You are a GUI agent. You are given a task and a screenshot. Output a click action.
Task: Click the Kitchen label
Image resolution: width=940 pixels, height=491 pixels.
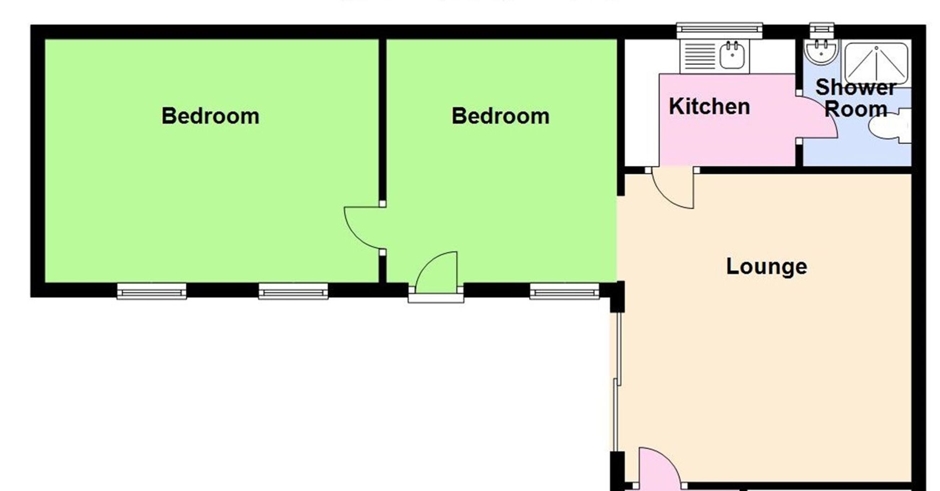click(x=709, y=107)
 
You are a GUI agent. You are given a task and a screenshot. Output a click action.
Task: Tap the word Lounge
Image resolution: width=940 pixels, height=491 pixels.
click(x=767, y=266)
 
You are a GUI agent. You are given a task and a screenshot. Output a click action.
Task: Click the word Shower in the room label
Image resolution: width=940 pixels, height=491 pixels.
click(x=855, y=87)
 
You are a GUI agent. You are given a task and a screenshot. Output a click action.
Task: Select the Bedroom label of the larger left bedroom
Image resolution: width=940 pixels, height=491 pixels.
click(x=210, y=116)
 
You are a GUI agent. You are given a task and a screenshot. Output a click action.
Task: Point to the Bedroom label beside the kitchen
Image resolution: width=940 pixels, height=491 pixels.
click(x=500, y=116)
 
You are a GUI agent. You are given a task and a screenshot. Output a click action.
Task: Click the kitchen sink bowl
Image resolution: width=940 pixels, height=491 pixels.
click(x=731, y=56)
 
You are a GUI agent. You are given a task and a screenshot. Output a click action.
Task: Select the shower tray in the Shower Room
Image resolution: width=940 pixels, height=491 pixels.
click(x=876, y=63)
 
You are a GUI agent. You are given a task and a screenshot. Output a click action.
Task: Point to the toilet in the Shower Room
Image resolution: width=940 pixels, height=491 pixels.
click(x=888, y=126)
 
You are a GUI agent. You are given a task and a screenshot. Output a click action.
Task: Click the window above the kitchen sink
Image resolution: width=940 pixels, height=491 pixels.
click(x=719, y=31)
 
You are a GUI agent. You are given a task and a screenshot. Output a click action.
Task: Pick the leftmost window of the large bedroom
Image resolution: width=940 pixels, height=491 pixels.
click(x=151, y=291)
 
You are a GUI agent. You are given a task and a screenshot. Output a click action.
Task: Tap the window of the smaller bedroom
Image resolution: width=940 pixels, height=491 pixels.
click(x=564, y=291)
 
